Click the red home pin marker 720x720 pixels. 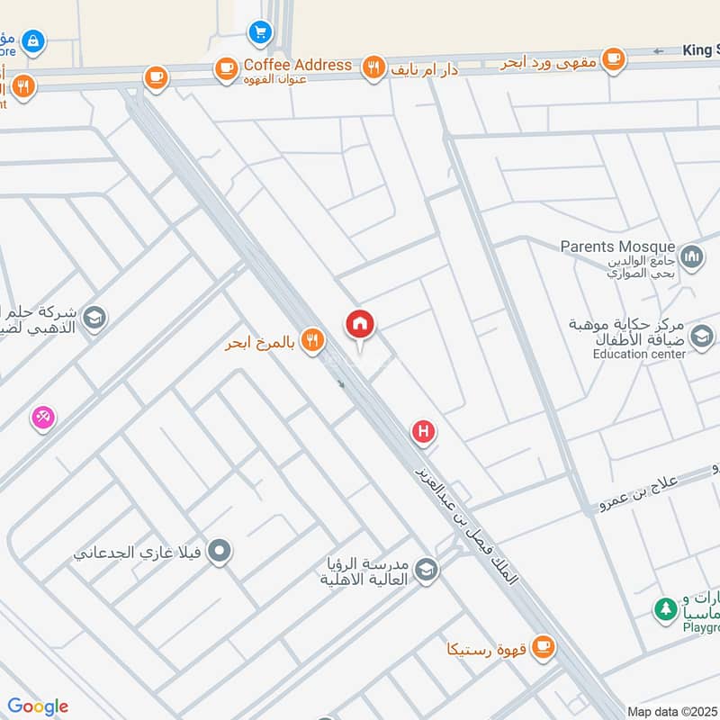[x=360, y=325]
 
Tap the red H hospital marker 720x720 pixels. [x=423, y=433]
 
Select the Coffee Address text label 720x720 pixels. [x=298, y=65]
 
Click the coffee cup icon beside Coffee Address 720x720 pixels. [x=225, y=67]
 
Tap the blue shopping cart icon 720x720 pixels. [x=260, y=32]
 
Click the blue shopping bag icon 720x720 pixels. [x=34, y=40]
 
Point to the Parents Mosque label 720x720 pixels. [x=617, y=247]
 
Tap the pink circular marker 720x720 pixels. [x=43, y=418]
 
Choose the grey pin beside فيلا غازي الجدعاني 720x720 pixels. [x=220, y=551]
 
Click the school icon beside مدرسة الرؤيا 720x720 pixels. [x=426, y=570]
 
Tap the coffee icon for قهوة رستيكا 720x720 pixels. [x=542, y=647]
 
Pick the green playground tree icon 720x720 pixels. [x=665, y=610]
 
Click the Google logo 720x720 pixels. [x=38, y=706]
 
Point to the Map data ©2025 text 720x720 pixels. [x=671, y=711]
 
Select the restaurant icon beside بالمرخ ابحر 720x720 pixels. [x=312, y=341]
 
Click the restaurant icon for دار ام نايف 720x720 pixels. [x=373, y=67]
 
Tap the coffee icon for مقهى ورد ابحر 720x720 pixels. [x=614, y=60]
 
